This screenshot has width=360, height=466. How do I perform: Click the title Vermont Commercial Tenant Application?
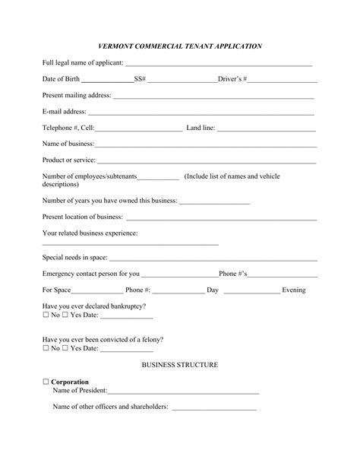180,46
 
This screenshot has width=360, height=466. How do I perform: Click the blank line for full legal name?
219,65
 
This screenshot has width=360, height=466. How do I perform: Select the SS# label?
140,79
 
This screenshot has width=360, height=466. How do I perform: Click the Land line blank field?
267,128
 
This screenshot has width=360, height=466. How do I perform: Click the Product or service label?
69,160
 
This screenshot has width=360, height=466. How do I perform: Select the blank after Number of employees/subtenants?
159,178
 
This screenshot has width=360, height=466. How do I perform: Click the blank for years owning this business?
214,203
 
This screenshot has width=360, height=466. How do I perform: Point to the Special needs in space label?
74,257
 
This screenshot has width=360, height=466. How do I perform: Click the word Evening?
294,290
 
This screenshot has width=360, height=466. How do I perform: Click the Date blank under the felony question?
127,350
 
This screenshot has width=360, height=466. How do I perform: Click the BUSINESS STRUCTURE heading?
180,365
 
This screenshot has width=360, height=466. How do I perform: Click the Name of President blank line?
183,392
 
